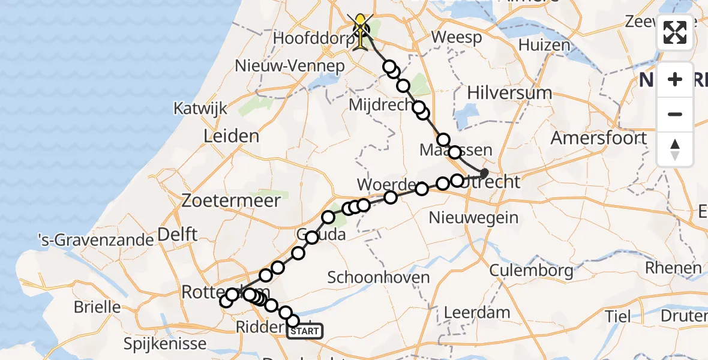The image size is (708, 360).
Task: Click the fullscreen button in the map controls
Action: point(675,32)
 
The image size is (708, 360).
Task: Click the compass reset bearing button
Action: point(675,149)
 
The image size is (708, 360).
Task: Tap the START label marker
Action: point(305,331)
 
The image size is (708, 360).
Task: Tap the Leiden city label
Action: point(231,136)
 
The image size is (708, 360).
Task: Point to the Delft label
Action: point(177,234)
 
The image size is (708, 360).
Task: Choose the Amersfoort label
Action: point(599,138)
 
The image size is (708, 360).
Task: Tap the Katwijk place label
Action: point(200,109)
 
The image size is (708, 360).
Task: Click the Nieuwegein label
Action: point(474,217)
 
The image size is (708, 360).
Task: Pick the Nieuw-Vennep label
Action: point(290,65)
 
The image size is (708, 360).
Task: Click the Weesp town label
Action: point(457,38)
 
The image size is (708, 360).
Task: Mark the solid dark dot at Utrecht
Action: point(484,173)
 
